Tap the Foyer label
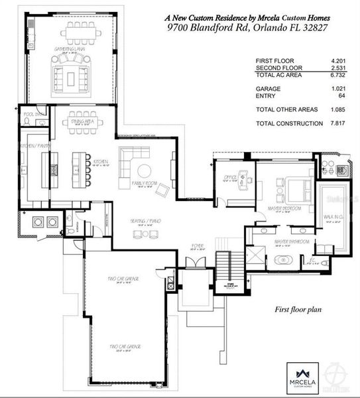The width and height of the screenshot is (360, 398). pyautogui.click(x=197, y=245)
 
